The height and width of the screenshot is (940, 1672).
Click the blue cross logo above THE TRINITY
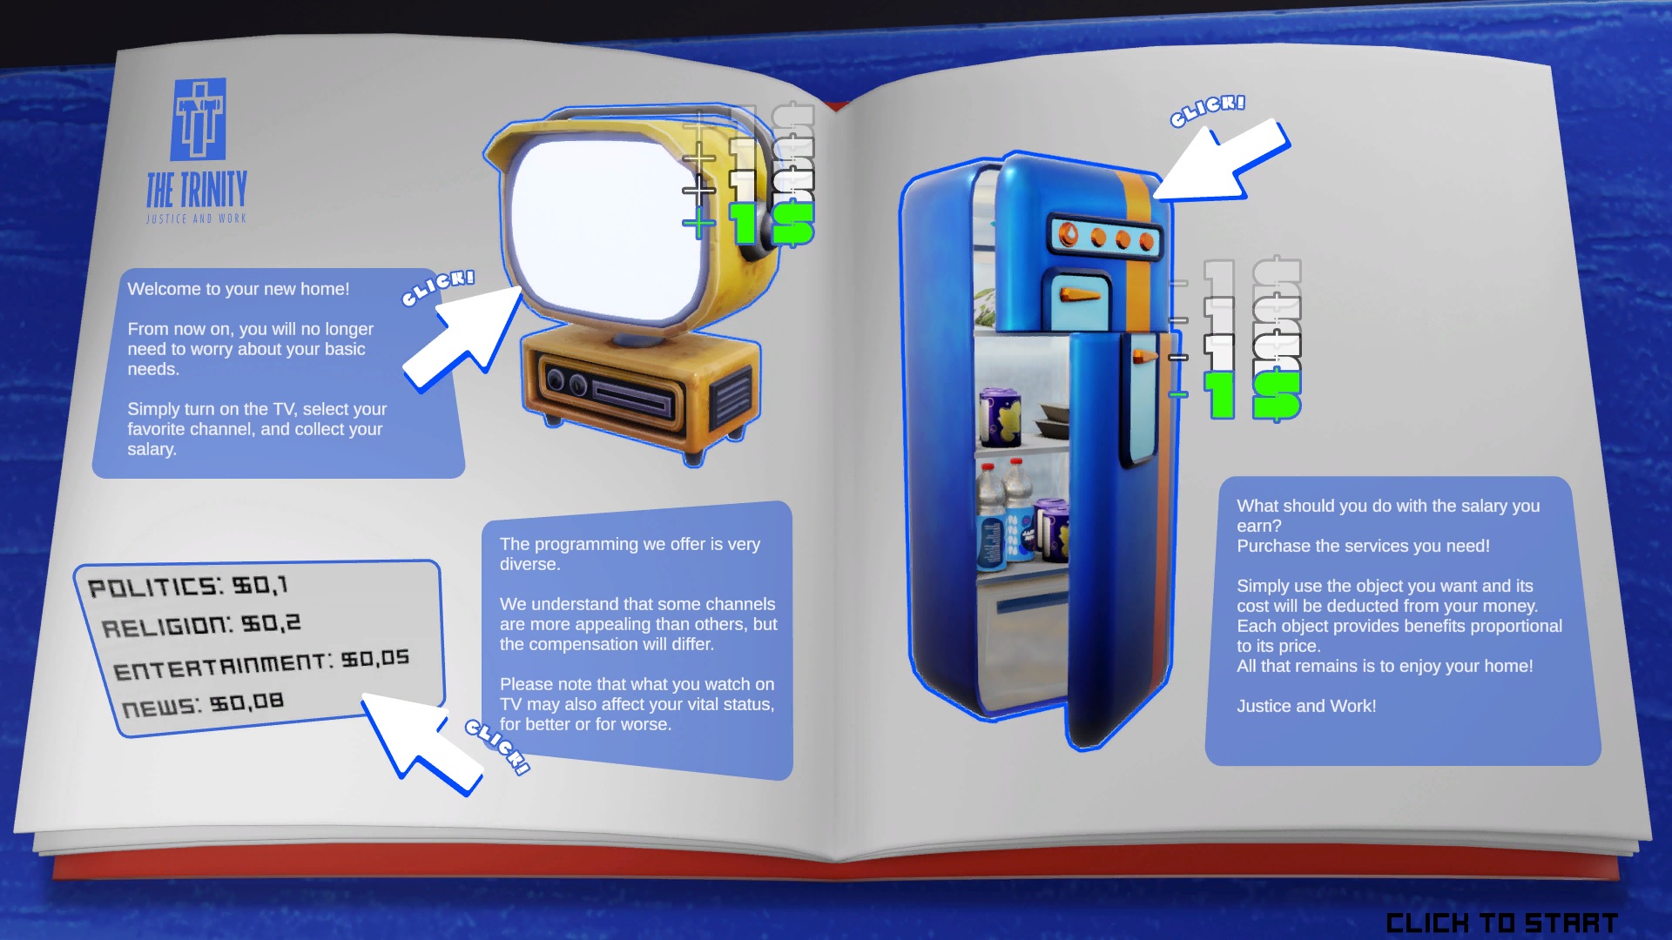tap(199, 119)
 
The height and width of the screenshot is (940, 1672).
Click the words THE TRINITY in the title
tap(197, 190)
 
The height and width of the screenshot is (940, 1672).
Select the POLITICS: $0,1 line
tap(188, 586)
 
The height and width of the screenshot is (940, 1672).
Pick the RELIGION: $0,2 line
tap(201, 625)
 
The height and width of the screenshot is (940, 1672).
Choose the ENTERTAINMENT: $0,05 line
tap(261, 665)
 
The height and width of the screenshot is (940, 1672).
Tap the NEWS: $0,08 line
tap(203, 704)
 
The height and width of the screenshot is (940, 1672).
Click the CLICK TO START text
tap(1501, 923)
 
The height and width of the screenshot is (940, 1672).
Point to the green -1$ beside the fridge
tap(1245, 395)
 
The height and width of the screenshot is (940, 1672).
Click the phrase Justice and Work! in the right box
tap(1306, 706)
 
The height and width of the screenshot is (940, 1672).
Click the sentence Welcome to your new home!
tap(239, 289)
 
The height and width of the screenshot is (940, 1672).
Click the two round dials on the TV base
tap(566, 380)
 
